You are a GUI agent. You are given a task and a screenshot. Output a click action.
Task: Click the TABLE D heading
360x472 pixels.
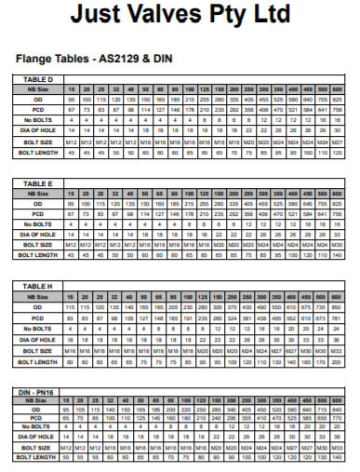(x=39, y=80)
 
